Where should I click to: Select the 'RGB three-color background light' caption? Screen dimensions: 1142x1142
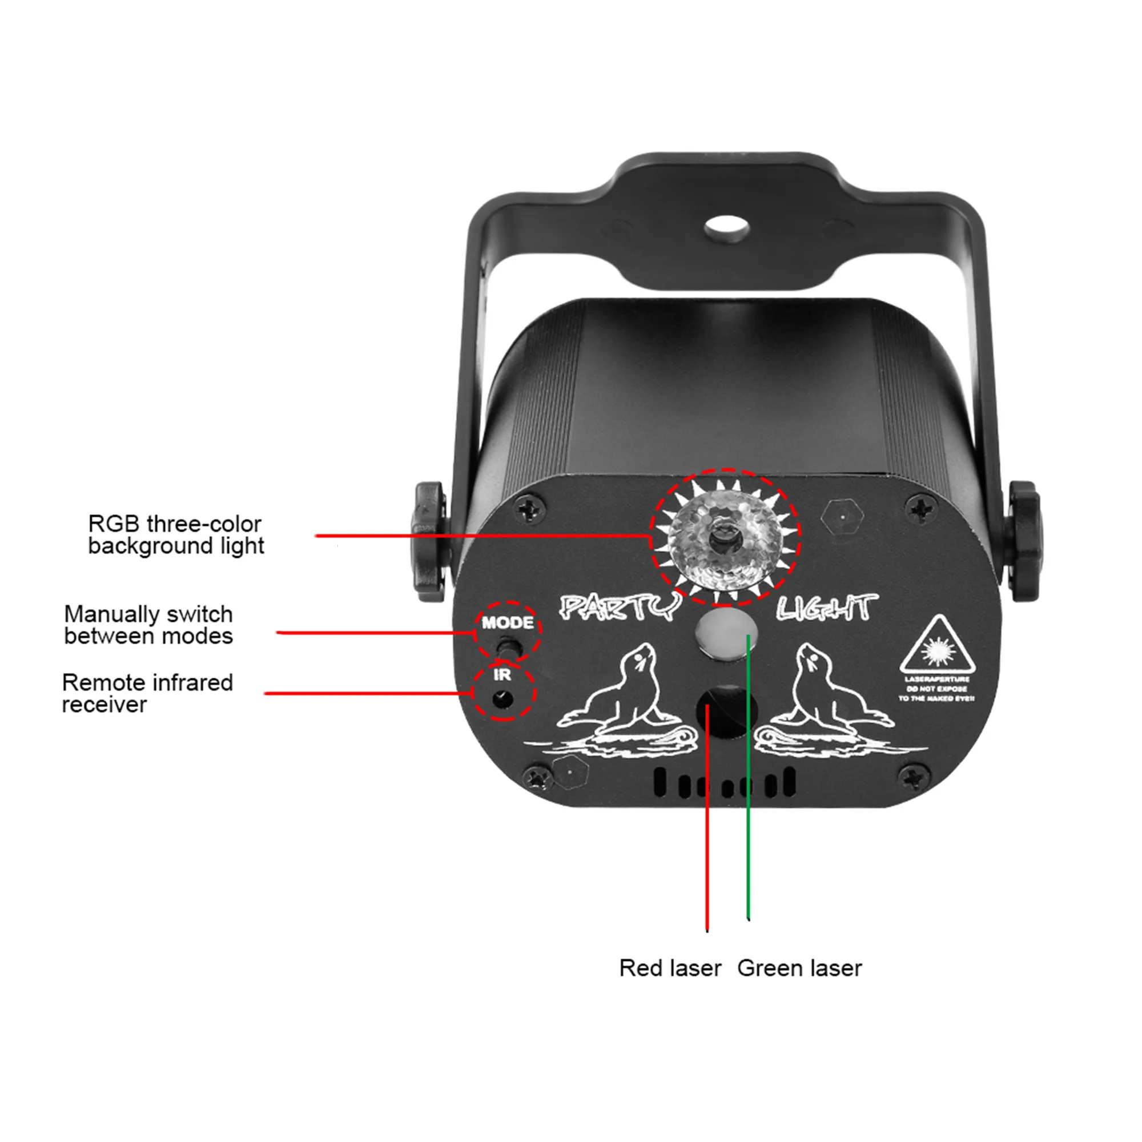(x=175, y=534)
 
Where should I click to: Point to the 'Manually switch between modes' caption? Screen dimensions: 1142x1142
(x=148, y=625)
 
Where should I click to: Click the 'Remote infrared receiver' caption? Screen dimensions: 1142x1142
(x=147, y=693)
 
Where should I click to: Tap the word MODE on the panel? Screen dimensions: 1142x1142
(x=507, y=622)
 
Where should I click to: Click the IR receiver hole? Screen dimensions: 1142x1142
(x=502, y=699)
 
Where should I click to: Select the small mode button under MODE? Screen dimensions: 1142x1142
(x=506, y=647)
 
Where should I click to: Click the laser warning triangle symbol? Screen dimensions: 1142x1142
(x=937, y=649)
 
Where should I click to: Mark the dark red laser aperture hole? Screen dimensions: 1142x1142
(x=727, y=711)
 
